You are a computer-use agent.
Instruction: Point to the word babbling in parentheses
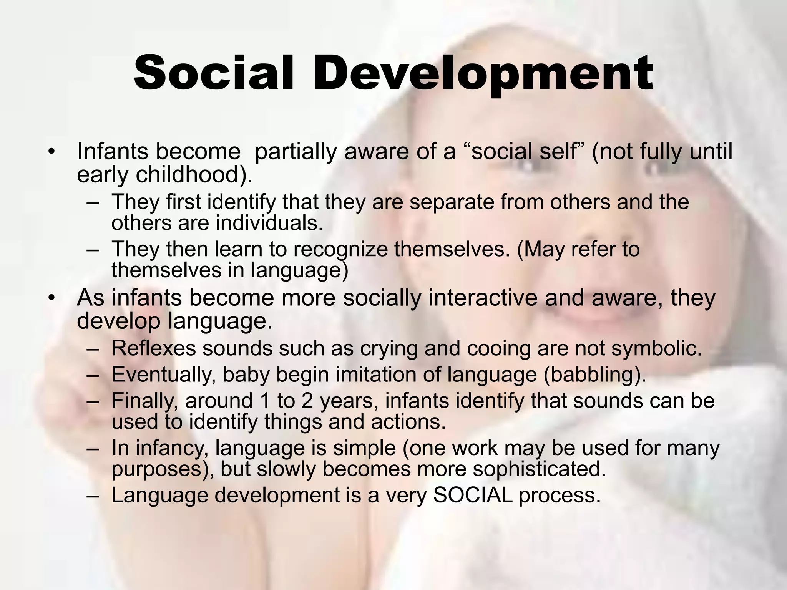click(x=594, y=375)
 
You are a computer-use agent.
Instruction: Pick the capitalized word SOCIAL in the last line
click(x=473, y=496)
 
